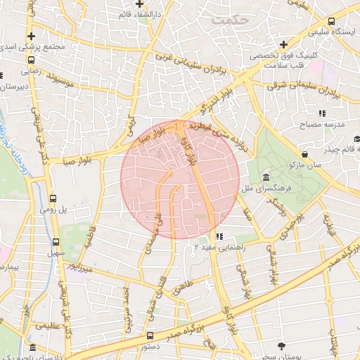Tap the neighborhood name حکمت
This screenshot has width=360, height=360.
click(230, 20)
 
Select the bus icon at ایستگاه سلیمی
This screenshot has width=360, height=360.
click(330, 22)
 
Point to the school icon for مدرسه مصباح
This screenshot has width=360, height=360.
click(321, 113)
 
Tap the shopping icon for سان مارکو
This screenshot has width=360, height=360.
click(304, 154)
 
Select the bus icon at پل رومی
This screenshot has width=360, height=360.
click(53, 199)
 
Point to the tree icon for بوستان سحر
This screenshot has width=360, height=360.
click(282, 345)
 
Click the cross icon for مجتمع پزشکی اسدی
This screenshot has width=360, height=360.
click(30, 36)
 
